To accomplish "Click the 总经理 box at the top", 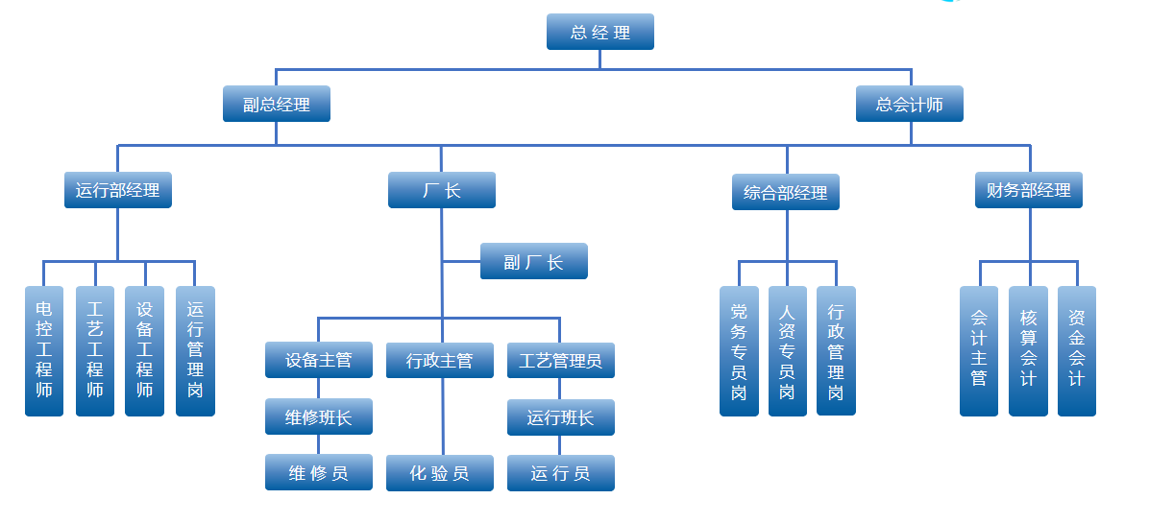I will click(x=600, y=32).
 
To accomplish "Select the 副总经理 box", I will click(x=277, y=104).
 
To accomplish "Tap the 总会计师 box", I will click(x=910, y=104).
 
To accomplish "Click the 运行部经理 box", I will click(x=118, y=190).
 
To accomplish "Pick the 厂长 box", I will click(x=442, y=190).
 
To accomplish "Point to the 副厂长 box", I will click(x=534, y=261).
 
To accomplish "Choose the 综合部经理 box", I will click(x=786, y=192).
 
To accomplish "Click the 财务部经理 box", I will click(x=1029, y=190).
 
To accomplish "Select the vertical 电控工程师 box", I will click(x=44, y=350).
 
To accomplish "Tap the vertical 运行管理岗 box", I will click(x=195, y=350).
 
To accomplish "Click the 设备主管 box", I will click(x=319, y=361).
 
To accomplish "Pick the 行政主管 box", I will click(x=440, y=361).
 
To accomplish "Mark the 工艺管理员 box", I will click(x=561, y=361).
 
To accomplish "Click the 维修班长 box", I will click(x=319, y=417).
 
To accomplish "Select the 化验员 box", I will click(x=440, y=473).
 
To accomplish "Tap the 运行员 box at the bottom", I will click(x=561, y=473).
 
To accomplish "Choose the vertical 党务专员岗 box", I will click(x=739, y=350).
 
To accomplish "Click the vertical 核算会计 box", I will click(x=1029, y=350).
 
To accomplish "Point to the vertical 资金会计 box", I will click(x=1077, y=350).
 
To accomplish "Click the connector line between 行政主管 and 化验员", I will click(x=442, y=416).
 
